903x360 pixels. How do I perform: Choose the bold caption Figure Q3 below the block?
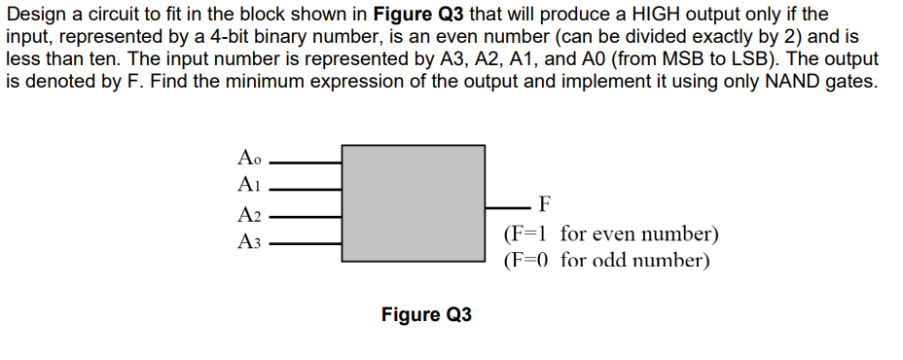(x=426, y=315)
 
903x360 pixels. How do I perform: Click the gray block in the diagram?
(x=414, y=202)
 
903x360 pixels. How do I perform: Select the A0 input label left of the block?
(x=249, y=157)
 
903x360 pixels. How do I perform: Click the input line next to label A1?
(x=306, y=185)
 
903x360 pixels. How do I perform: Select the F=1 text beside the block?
(x=526, y=234)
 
